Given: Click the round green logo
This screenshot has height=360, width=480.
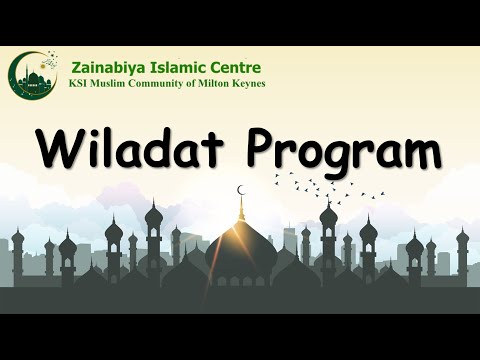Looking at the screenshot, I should pyautogui.click(x=34, y=75).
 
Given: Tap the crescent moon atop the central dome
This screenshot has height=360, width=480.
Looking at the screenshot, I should pyautogui.click(x=241, y=189).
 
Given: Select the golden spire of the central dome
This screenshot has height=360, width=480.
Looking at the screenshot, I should pyautogui.click(x=241, y=208).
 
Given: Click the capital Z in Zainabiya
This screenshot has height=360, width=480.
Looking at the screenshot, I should pyautogui.click(x=75, y=67).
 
